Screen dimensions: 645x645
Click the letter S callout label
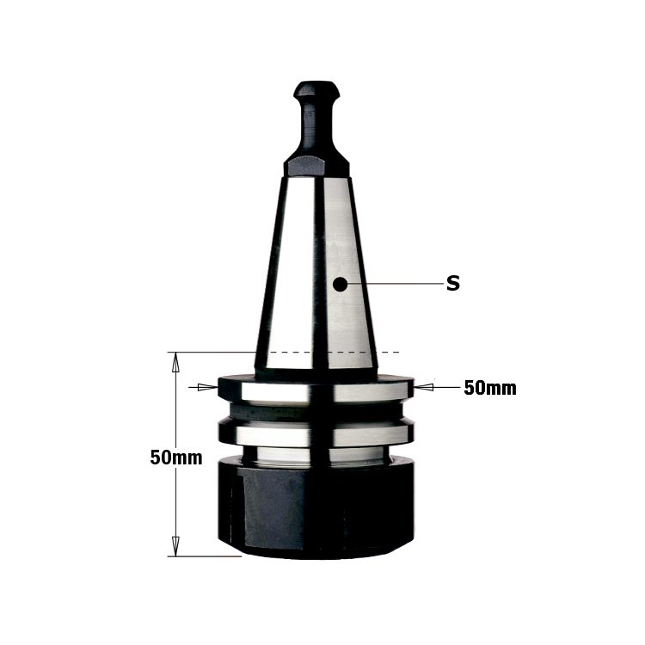click(453, 284)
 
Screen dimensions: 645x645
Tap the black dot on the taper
click(340, 284)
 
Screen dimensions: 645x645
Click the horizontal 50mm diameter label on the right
click(490, 388)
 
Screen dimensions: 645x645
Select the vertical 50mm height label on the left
click(176, 458)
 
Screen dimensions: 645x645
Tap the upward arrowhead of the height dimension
click(175, 362)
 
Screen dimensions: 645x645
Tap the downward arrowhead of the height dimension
click(175, 546)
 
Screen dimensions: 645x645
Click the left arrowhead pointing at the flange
click(208, 387)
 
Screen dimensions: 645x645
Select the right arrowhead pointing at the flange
click(424, 387)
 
